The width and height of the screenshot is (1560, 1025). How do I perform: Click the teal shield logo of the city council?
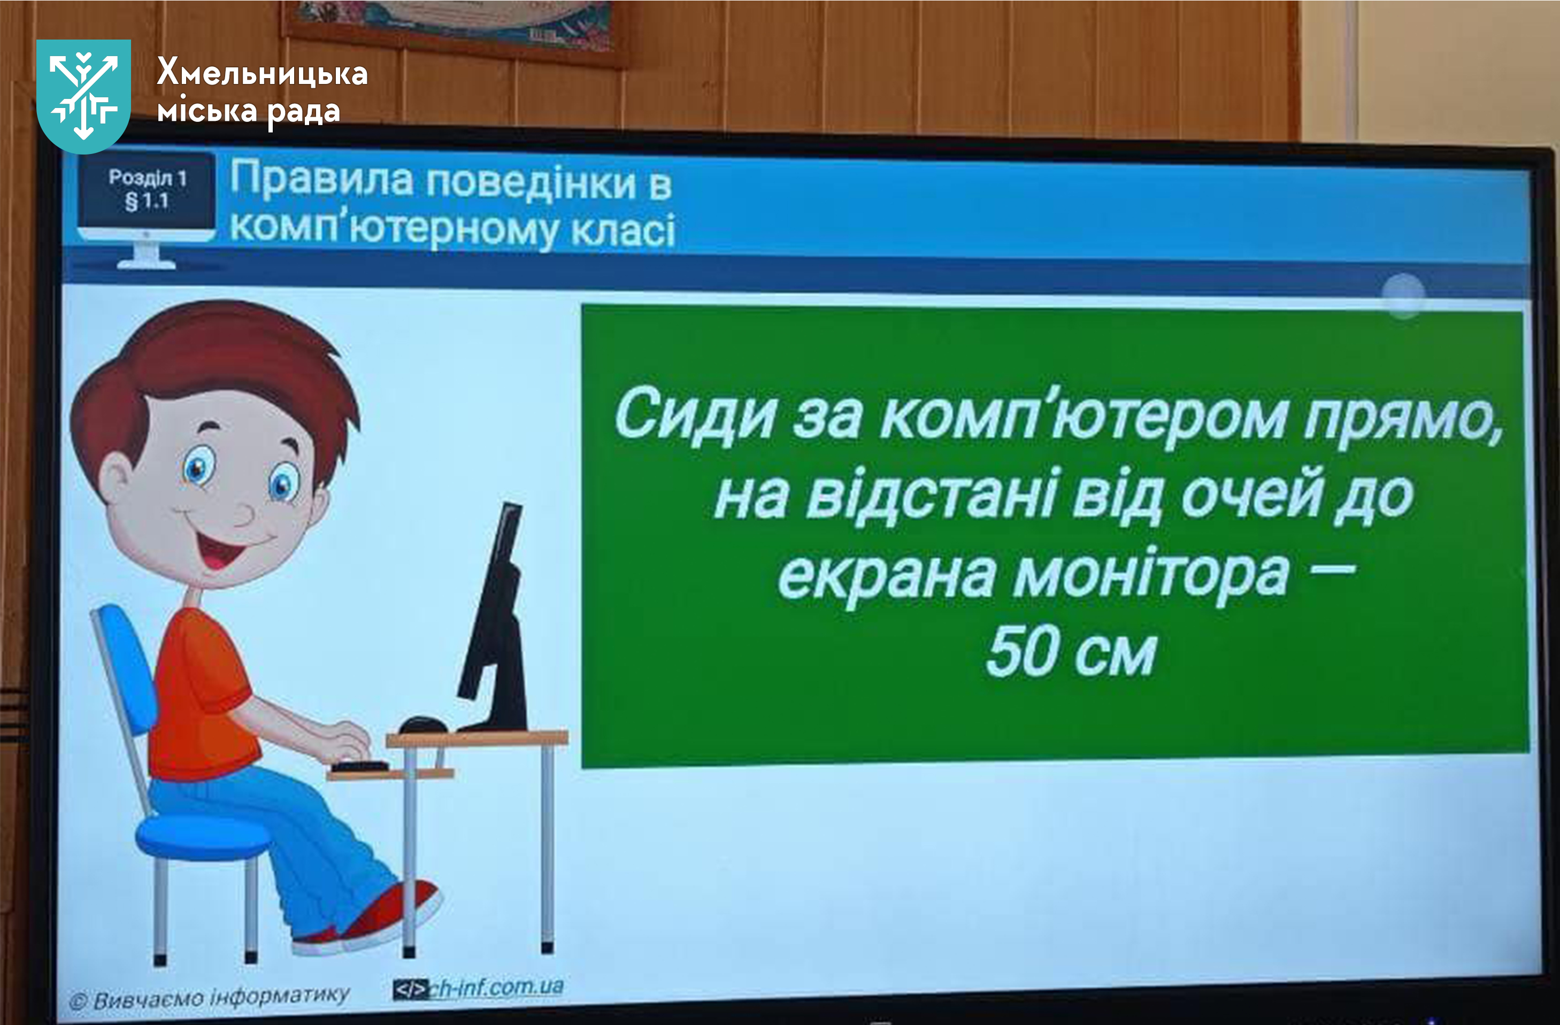[x=83, y=96]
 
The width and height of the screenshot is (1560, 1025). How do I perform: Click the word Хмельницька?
[x=262, y=73]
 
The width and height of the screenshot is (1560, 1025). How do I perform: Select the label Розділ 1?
[x=148, y=178]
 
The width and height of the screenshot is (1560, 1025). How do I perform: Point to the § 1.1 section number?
[x=148, y=201]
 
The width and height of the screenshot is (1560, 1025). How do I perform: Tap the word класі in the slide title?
[x=623, y=230]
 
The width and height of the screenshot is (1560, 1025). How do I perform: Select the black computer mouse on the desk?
[x=423, y=725]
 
